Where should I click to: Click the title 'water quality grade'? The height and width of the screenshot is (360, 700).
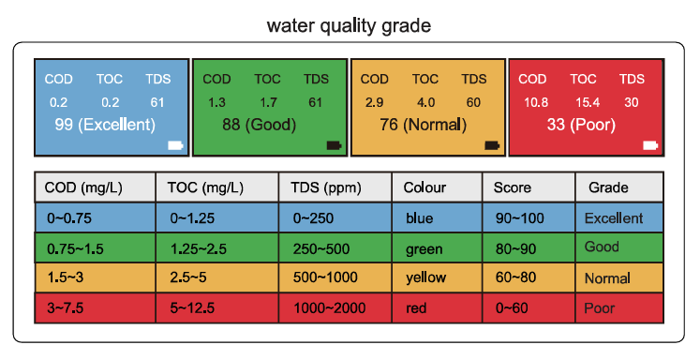point(349,26)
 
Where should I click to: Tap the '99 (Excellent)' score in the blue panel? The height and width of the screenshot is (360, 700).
point(105,125)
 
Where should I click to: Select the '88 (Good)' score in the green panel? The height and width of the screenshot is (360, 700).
point(259,125)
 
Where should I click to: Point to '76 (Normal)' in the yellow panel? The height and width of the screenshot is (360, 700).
point(423,125)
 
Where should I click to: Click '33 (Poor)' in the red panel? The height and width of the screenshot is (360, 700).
point(581,125)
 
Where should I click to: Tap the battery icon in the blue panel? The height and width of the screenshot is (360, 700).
point(175,145)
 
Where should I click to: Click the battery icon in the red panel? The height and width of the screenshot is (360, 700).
point(650,145)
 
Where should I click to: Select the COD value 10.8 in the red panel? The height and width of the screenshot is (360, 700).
point(536,103)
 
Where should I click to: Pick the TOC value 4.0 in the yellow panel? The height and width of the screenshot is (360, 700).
point(425,103)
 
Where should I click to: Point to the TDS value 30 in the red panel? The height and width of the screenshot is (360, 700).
point(632,103)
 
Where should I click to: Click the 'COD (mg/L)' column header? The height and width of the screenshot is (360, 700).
point(83,187)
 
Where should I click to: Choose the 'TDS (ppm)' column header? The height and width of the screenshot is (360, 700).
point(326,187)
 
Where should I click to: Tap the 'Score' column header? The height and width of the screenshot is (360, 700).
point(512,187)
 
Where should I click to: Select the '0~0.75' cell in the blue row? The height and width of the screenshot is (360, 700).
point(69,218)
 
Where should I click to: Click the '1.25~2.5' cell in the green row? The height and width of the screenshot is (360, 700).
point(198,248)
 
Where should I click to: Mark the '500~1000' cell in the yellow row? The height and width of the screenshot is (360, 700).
point(325,277)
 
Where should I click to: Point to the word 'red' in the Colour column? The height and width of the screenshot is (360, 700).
point(416,308)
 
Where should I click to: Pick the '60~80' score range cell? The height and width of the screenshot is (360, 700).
point(515,277)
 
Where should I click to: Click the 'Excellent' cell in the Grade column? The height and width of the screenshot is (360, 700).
point(614,218)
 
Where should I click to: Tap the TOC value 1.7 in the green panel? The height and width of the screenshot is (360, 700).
point(268,103)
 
